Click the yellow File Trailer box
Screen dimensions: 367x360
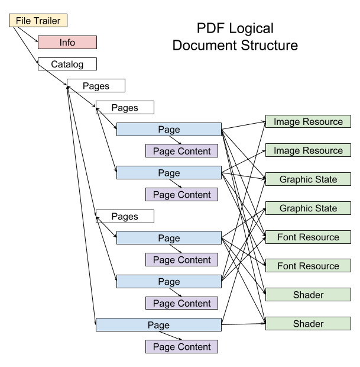tap(38, 21)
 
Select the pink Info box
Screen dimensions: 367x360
tap(67, 43)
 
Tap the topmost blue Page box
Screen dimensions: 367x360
tap(169, 130)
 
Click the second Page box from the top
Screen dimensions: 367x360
tap(169, 173)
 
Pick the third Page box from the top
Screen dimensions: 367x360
tap(169, 238)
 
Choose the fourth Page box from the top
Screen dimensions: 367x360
tap(169, 281)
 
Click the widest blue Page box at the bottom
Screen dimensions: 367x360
tap(158, 325)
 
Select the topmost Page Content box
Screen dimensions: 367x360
tap(181, 151)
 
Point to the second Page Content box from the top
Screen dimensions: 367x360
tap(181, 195)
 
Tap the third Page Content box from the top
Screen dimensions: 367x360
tap(181, 260)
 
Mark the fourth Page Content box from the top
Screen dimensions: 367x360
tap(181, 303)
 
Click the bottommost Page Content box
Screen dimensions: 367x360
tap(181, 347)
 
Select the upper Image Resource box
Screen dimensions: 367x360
tap(308, 121)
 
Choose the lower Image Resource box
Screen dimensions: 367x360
tap(308, 150)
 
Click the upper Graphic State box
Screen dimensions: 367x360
tap(308, 179)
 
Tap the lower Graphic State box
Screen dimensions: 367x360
tap(308, 208)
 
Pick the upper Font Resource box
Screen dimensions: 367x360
tap(308, 237)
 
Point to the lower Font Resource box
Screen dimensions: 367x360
tap(308, 266)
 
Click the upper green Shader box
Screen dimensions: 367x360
tap(308, 295)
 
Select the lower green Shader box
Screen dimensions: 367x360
tap(308, 324)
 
